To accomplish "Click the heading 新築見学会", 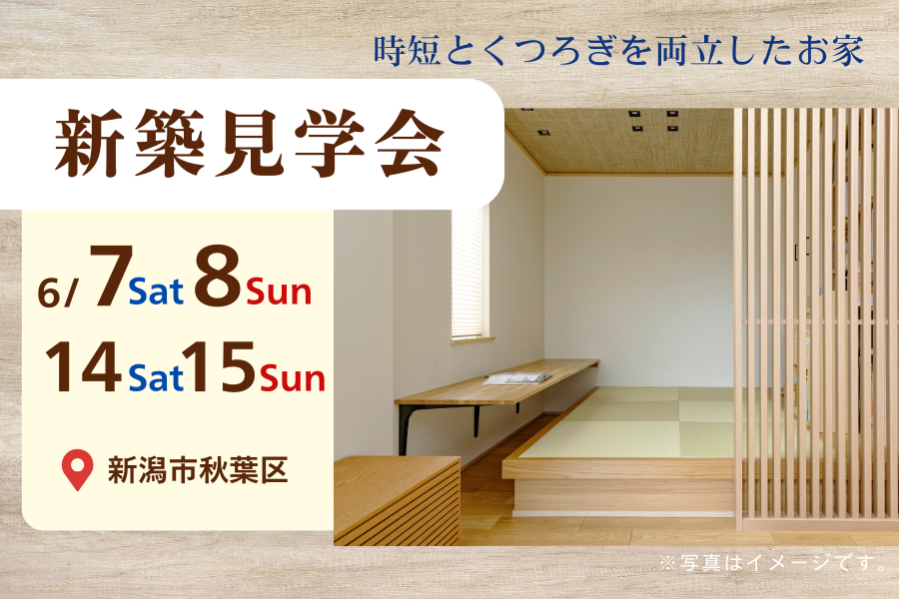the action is (x=250, y=144).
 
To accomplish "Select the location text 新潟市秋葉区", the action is (x=198, y=470).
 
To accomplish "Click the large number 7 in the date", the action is (x=111, y=275).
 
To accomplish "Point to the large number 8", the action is (x=217, y=276).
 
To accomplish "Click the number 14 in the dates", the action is (x=84, y=366).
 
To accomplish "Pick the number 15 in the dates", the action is (x=220, y=366).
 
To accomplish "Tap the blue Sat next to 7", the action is (x=156, y=292).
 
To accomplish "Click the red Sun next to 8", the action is (x=280, y=292).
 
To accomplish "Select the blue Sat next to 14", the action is (x=156, y=377).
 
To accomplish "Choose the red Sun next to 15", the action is (x=293, y=377).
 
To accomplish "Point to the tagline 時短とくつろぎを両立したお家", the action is (x=618, y=51).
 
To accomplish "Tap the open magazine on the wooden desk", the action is (x=517, y=378).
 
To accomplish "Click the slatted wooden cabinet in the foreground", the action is (x=397, y=500).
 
